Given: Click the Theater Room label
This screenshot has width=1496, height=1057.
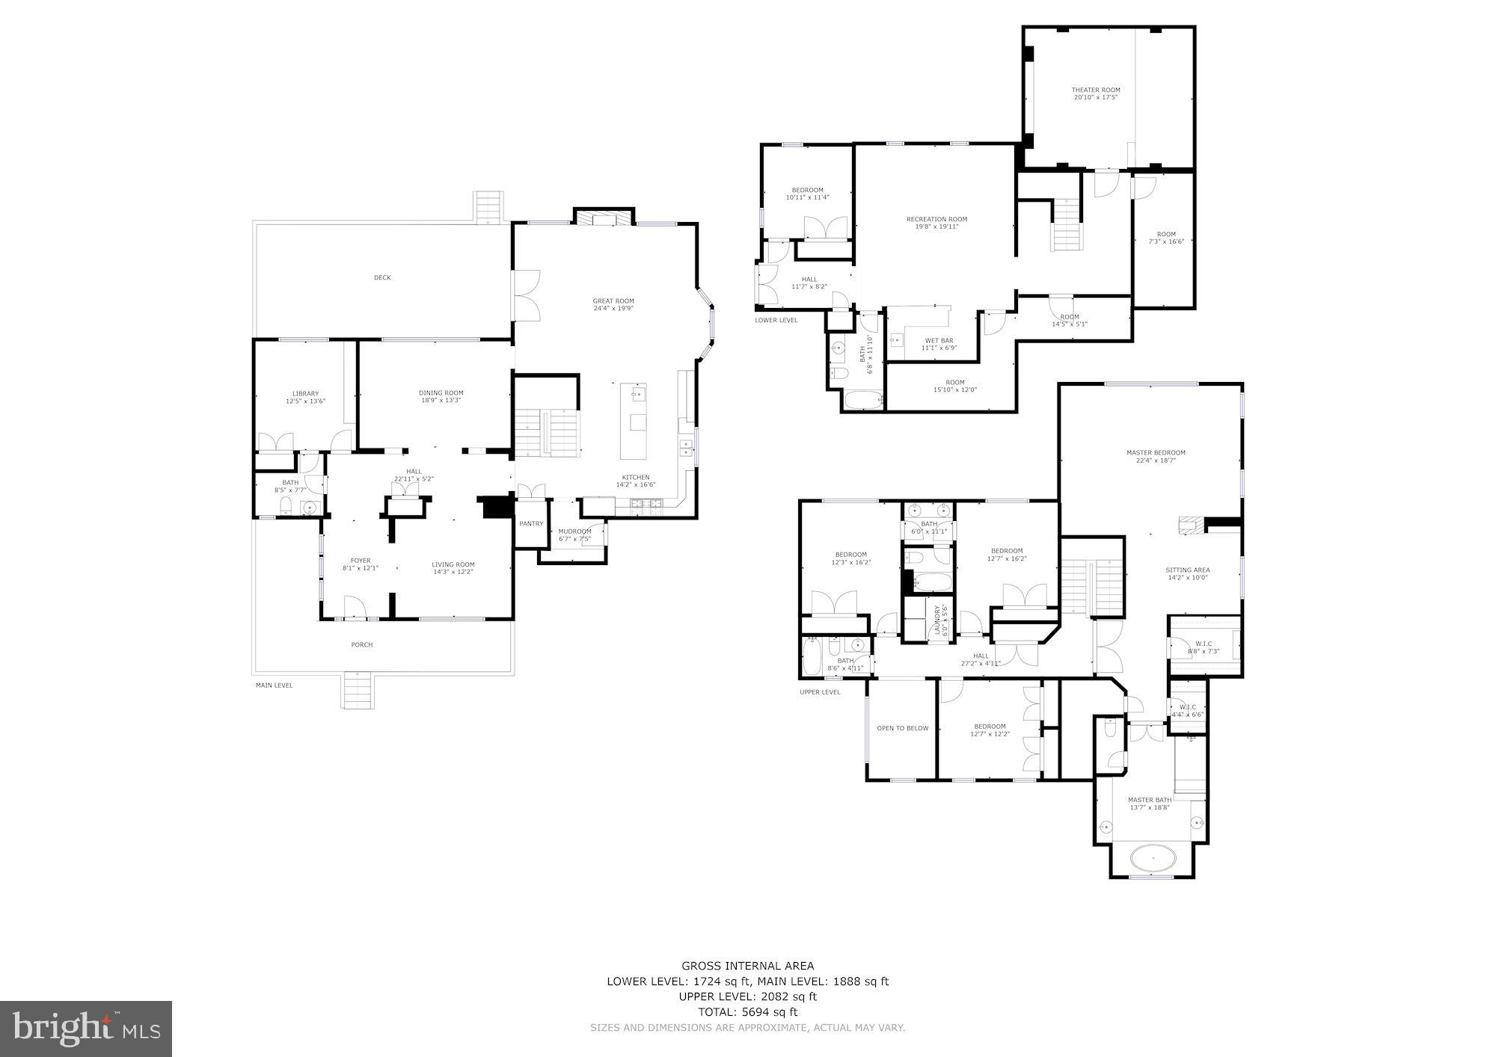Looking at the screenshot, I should click(1095, 90).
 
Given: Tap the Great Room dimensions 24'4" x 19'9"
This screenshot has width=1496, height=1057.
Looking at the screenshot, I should click(613, 308).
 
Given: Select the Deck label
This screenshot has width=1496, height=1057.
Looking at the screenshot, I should click(382, 277).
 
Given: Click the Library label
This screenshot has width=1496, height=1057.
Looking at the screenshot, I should click(305, 393).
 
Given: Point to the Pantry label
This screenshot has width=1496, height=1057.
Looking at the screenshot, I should click(531, 523).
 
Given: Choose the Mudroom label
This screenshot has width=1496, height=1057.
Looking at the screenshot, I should click(574, 531).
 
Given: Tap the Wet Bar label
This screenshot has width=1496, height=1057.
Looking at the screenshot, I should click(939, 340).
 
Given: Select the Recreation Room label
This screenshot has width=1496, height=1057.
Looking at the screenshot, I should click(936, 219).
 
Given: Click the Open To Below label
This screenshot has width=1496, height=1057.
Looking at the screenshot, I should click(902, 728).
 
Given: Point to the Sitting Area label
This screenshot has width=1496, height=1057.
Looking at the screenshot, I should click(1188, 570).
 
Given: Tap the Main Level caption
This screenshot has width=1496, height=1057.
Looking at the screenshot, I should click(274, 685).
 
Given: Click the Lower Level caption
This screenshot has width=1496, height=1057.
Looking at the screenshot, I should click(776, 320).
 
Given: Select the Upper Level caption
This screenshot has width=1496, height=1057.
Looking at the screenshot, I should click(820, 691).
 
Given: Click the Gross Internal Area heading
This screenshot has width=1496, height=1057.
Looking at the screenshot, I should click(747, 966).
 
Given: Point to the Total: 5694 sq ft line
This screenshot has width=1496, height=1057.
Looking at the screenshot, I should click(747, 1012).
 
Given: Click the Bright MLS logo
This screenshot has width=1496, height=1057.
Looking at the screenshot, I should click(86, 1029).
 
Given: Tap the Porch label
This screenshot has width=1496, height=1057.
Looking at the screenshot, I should click(362, 644).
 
